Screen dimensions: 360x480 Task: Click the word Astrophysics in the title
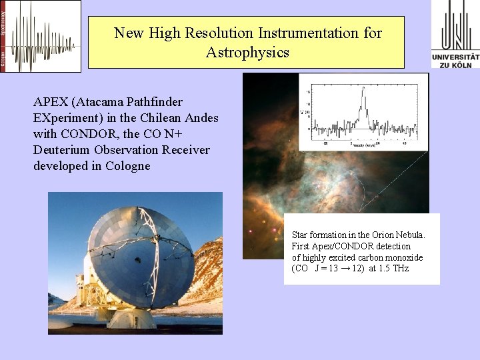click(247, 52)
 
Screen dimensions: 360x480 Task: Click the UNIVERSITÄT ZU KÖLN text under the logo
click(455, 61)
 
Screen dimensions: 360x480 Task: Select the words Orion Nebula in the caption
click(397, 235)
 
